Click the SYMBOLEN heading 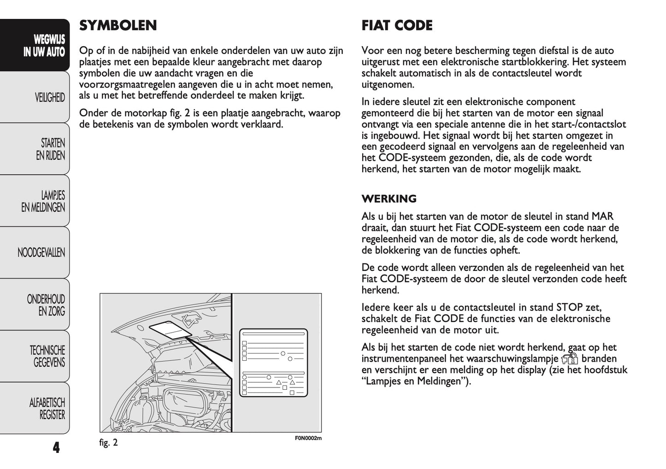point(118,25)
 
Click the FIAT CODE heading point(397,25)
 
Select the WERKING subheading point(389,199)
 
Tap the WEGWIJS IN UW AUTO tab point(44,46)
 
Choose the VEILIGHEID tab point(49,98)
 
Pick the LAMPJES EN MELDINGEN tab point(43,201)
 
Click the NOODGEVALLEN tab point(41,252)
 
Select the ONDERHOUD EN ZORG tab point(46,305)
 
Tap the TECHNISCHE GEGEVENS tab point(47,357)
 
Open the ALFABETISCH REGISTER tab point(47,409)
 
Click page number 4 point(56,447)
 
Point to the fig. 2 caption point(109,443)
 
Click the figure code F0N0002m point(308,438)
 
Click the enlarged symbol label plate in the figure point(273,363)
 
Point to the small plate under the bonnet point(171,330)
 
